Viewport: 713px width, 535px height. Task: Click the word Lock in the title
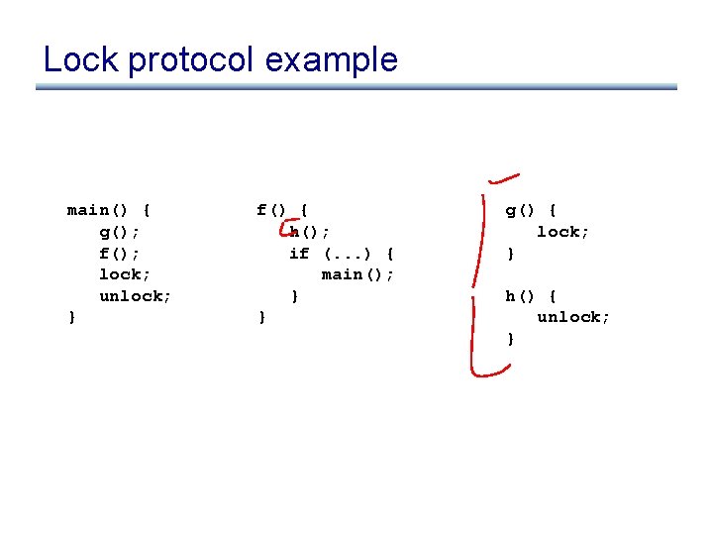click(80, 59)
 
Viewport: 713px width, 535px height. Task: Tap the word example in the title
click(331, 61)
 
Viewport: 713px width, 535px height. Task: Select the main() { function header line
click(109, 210)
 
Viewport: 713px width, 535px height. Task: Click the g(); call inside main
click(119, 232)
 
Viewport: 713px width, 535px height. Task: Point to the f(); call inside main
click(119, 253)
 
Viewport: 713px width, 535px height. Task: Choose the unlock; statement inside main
click(136, 296)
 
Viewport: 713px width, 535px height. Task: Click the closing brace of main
click(71, 317)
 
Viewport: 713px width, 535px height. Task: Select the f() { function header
click(282, 210)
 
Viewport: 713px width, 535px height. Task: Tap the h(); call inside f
click(310, 232)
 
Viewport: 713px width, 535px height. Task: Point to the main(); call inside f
click(357, 274)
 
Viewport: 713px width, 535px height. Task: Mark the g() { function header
click(532, 210)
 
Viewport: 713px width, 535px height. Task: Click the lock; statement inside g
click(563, 232)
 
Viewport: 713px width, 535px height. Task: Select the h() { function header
click(532, 296)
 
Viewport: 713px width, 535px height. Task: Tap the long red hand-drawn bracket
click(477, 277)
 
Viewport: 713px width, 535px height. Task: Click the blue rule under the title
click(356, 87)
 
